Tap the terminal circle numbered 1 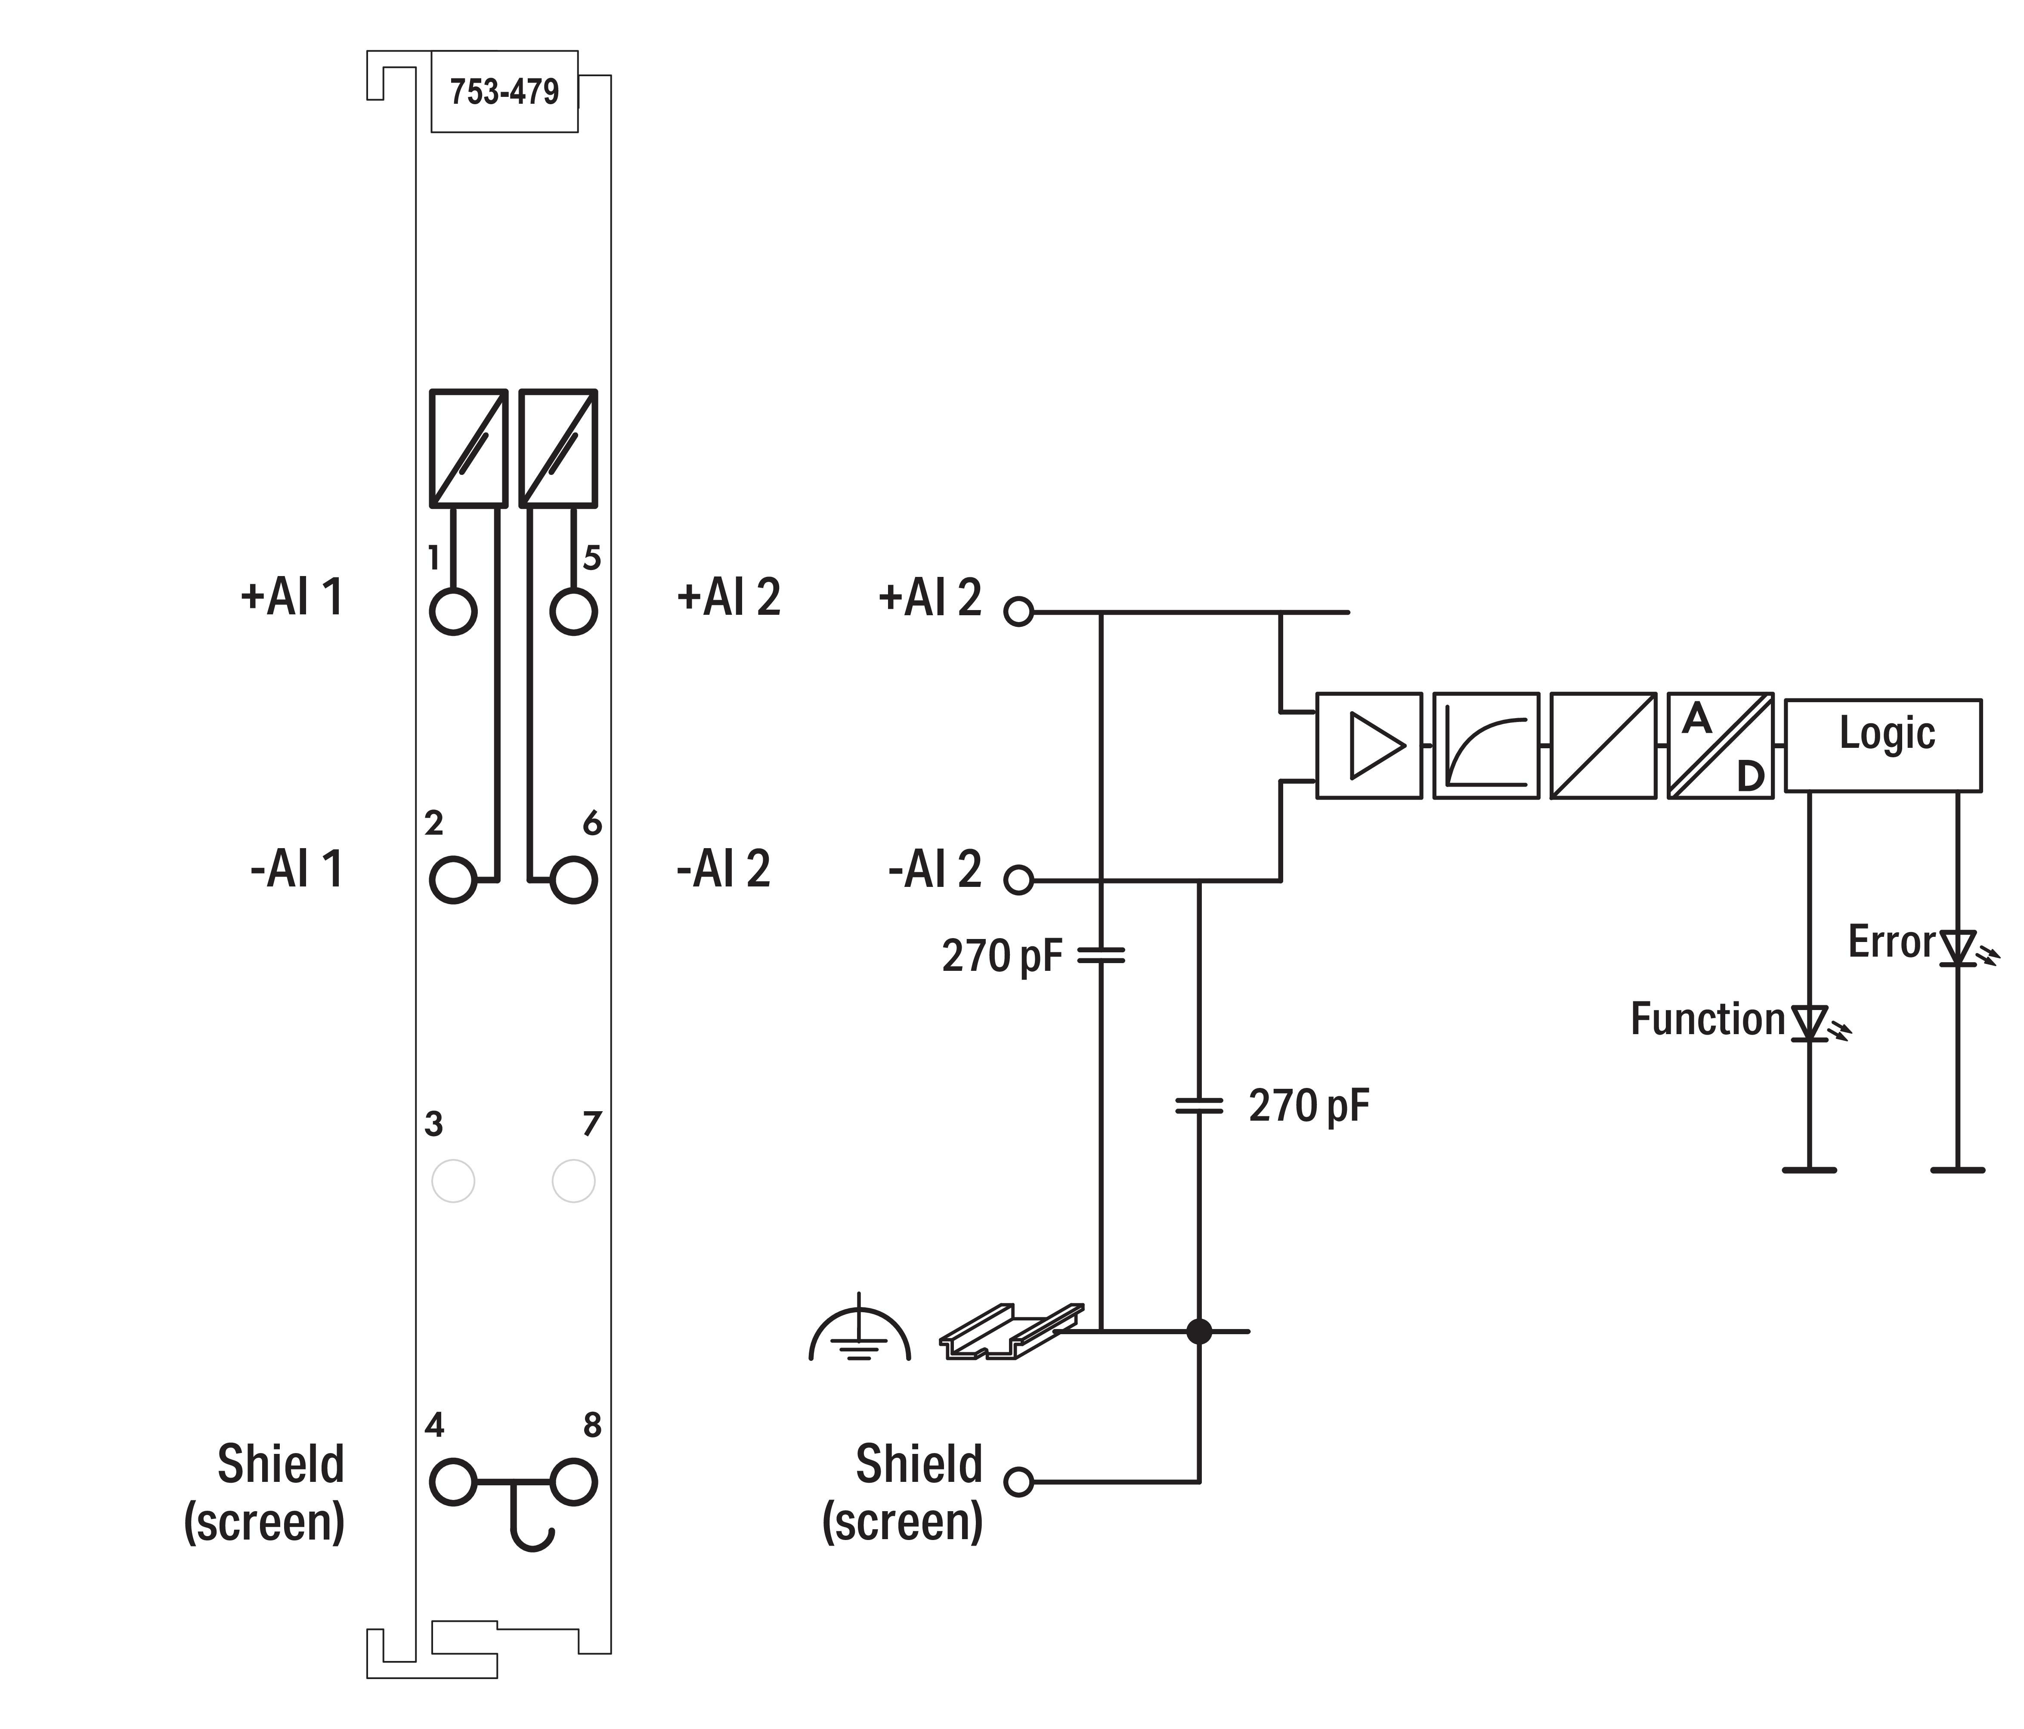[x=453, y=613]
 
